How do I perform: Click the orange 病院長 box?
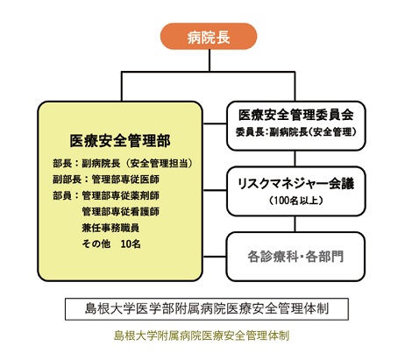pos(209,37)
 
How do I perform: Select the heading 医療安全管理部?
pos(120,141)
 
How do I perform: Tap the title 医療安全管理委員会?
pos(296,115)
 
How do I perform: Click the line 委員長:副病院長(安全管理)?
pos(296,132)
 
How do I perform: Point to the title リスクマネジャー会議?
pos(296,183)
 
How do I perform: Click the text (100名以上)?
pos(296,201)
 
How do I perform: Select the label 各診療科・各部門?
pos(295,257)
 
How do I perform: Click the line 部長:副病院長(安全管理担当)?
pos(123,163)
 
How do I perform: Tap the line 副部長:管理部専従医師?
pos(106,180)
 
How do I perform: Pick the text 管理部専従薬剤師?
pos(121,195)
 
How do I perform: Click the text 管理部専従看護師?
pos(121,211)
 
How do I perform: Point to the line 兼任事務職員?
pos(110,228)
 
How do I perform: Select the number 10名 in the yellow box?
pos(131,244)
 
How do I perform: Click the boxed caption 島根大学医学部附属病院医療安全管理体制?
pos(207,309)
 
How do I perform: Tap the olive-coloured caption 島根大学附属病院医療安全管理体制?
pos(202,335)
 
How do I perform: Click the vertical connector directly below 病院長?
pos(210,60)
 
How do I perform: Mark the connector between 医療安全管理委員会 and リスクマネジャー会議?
pos(295,159)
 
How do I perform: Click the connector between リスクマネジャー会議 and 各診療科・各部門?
pos(295,224)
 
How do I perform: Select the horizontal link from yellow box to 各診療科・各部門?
pos(214,257)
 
